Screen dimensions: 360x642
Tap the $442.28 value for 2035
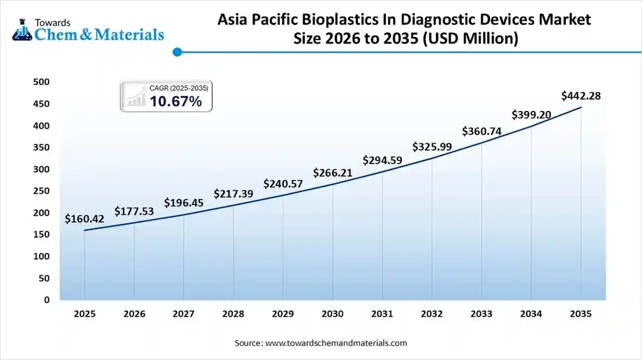point(581,96)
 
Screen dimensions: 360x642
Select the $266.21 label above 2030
point(332,173)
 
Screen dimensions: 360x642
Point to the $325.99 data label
point(432,146)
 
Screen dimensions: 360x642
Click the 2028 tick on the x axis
point(233,314)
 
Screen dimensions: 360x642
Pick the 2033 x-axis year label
point(481,314)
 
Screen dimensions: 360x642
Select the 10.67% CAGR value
point(176,101)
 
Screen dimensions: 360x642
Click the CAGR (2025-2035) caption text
point(179,88)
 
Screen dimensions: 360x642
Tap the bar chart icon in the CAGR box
point(135,97)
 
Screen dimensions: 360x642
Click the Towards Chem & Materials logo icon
point(22,30)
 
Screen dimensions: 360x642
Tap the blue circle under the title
point(177,52)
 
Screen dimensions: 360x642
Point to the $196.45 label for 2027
point(183,203)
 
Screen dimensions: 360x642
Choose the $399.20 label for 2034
point(531,115)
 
